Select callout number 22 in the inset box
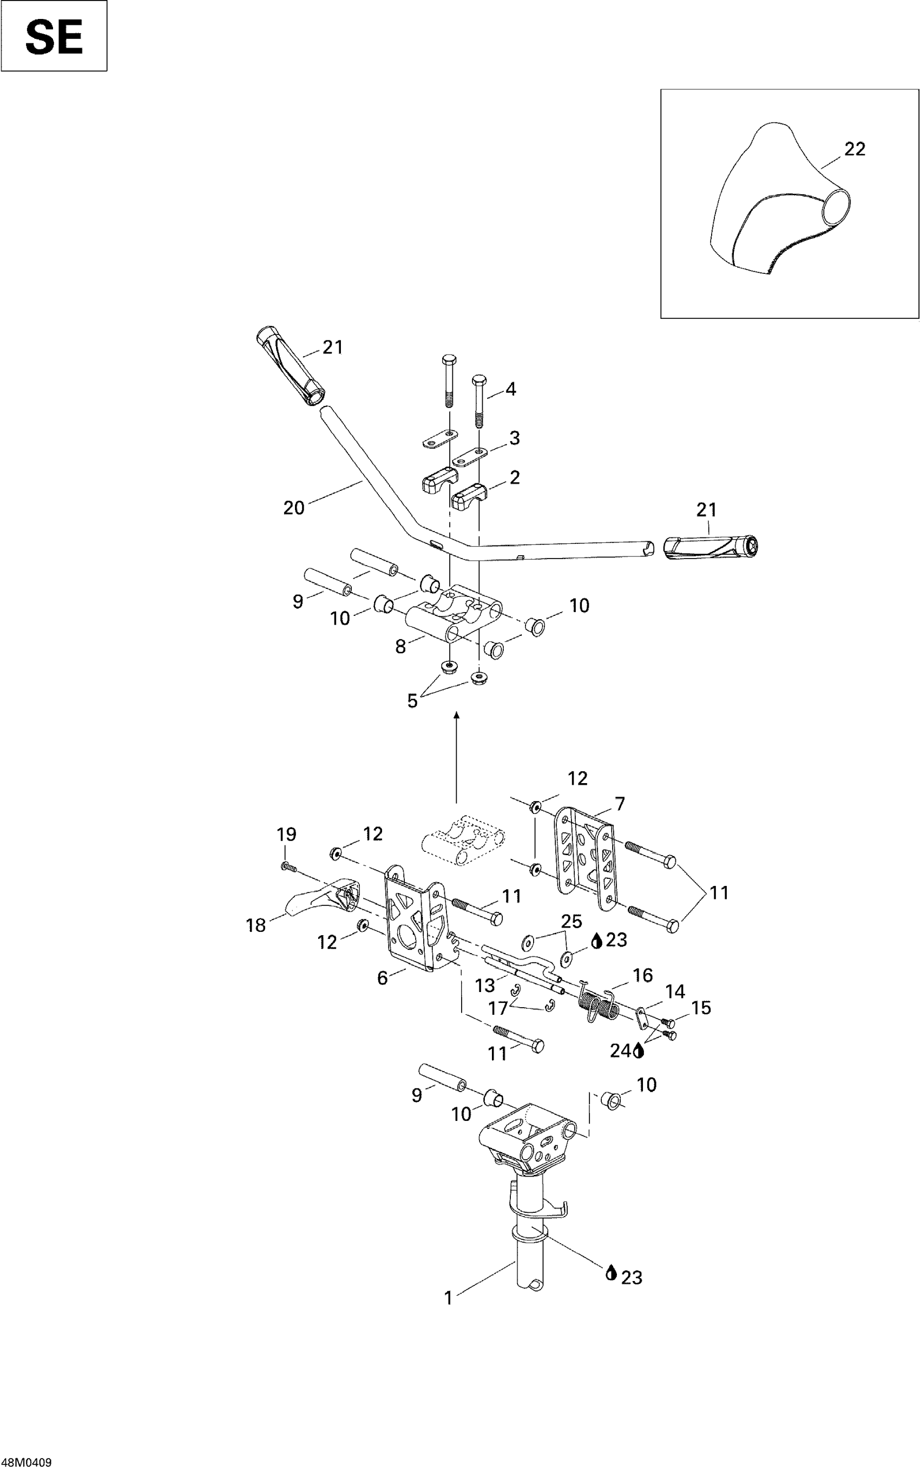855,149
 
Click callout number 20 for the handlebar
294,507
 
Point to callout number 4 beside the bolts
510,389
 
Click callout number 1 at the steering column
449,1298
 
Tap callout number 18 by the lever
256,925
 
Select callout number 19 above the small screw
287,834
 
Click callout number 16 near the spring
642,975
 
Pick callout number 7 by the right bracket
620,804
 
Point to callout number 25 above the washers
571,921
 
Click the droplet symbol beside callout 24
638,1050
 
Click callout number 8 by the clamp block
400,647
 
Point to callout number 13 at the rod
485,986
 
